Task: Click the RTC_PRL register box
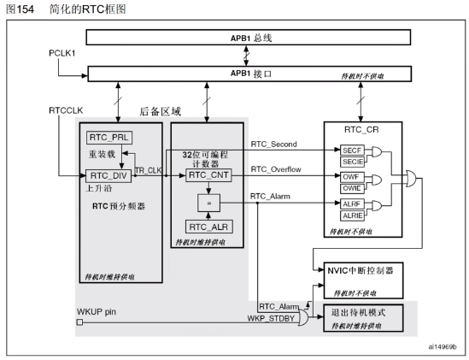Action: click(x=105, y=138)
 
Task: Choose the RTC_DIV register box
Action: click(x=105, y=175)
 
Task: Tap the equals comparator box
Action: click(x=206, y=201)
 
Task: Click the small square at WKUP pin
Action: click(x=79, y=322)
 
